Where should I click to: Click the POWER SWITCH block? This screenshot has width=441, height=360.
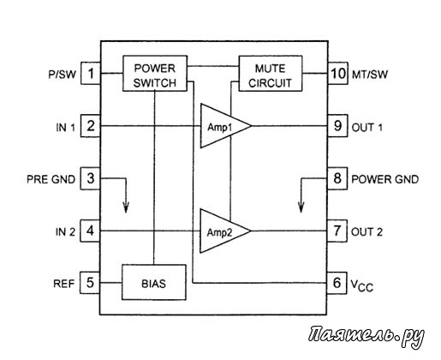pyautogui.click(x=155, y=74)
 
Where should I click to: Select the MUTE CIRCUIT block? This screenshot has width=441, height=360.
pyautogui.click(x=271, y=74)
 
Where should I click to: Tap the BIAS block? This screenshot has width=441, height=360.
pyautogui.click(x=154, y=282)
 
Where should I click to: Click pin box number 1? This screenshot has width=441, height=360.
pyautogui.click(x=91, y=74)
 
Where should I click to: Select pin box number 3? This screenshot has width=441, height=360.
pyautogui.click(x=90, y=178)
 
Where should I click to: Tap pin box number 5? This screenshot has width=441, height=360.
pyautogui.click(x=90, y=283)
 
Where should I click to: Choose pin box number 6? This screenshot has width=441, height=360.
pyautogui.click(x=337, y=283)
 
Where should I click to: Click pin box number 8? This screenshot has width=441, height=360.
pyautogui.click(x=337, y=178)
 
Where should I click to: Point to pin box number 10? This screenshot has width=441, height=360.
pyautogui.click(x=338, y=74)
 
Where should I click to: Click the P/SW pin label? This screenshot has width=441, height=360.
pyautogui.click(x=63, y=75)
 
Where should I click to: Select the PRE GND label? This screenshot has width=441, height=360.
pyautogui.click(x=51, y=179)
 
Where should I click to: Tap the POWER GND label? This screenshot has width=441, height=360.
pyautogui.click(x=384, y=179)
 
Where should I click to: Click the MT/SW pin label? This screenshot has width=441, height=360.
pyautogui.click(x=370, y=75)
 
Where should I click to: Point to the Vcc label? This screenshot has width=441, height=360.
pyautogui.click(x=361, y=285)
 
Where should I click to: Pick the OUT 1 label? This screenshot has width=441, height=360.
pyautogui.click(x=367, y=127)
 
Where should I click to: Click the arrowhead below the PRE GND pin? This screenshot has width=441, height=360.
pyautogui.click(x=126, y=207)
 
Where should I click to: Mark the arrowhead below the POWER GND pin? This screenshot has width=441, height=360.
pyautogui.click(x=301, y=207)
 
